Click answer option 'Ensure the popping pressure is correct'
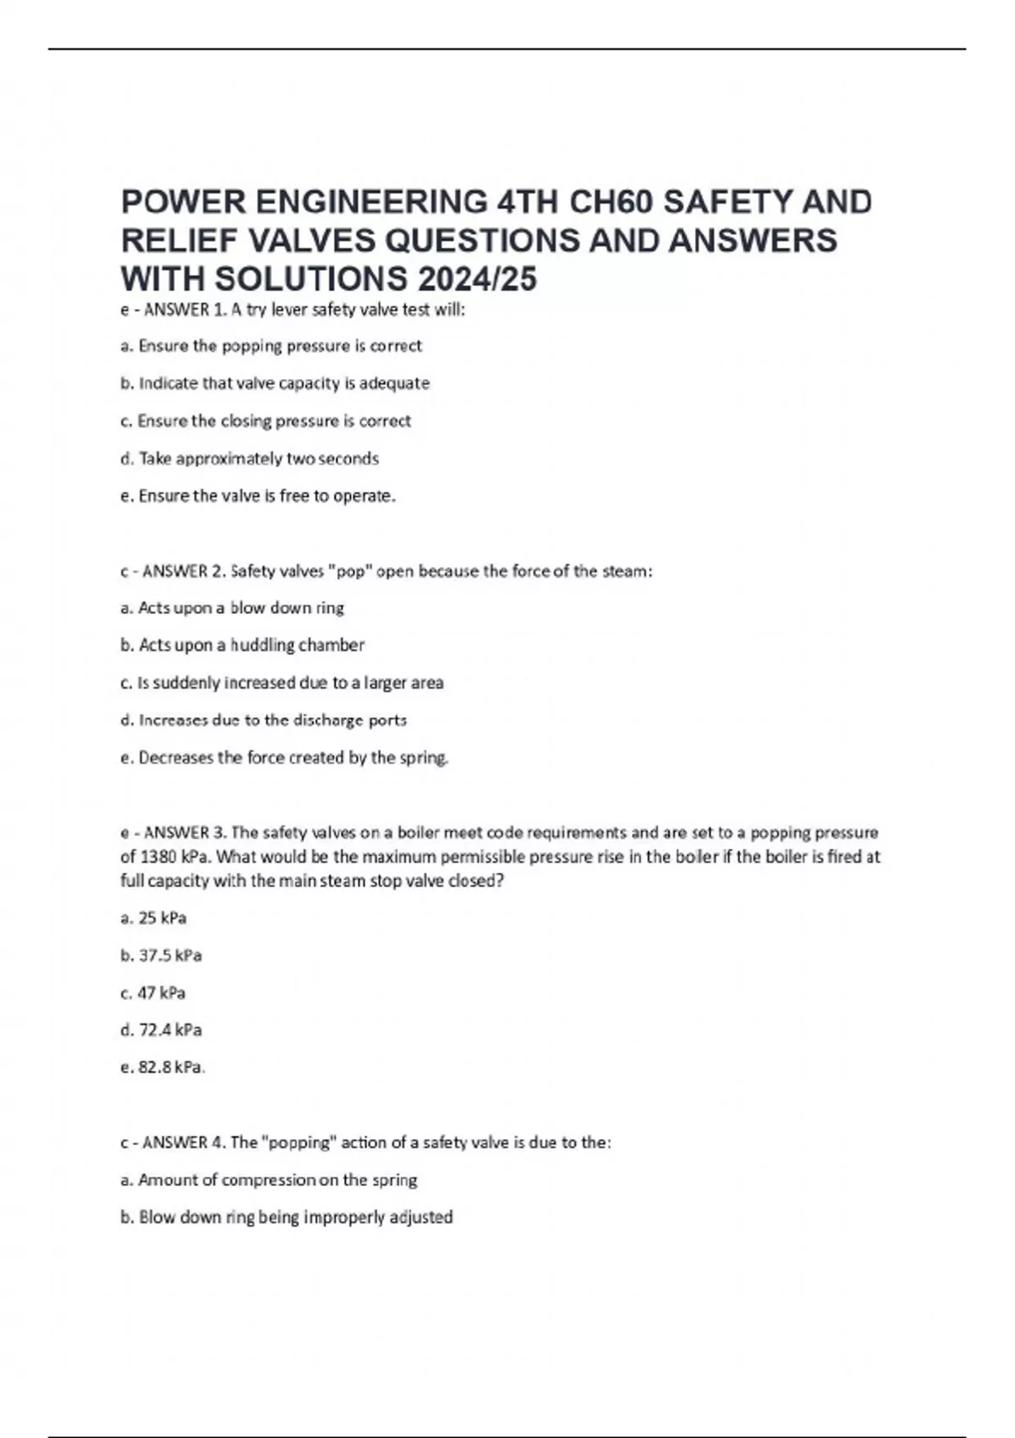271,346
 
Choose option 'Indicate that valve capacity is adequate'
275,383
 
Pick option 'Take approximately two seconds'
250,458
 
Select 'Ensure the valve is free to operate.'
258,496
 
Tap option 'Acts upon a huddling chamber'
242,645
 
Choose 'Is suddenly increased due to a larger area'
282,683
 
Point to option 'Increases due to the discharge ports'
263,720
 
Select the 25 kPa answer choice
153,918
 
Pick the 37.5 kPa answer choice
161,955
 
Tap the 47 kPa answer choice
153,992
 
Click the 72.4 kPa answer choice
161,1029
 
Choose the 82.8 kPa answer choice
162,1067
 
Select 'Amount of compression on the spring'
269,1179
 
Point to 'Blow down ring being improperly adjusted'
287,1216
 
